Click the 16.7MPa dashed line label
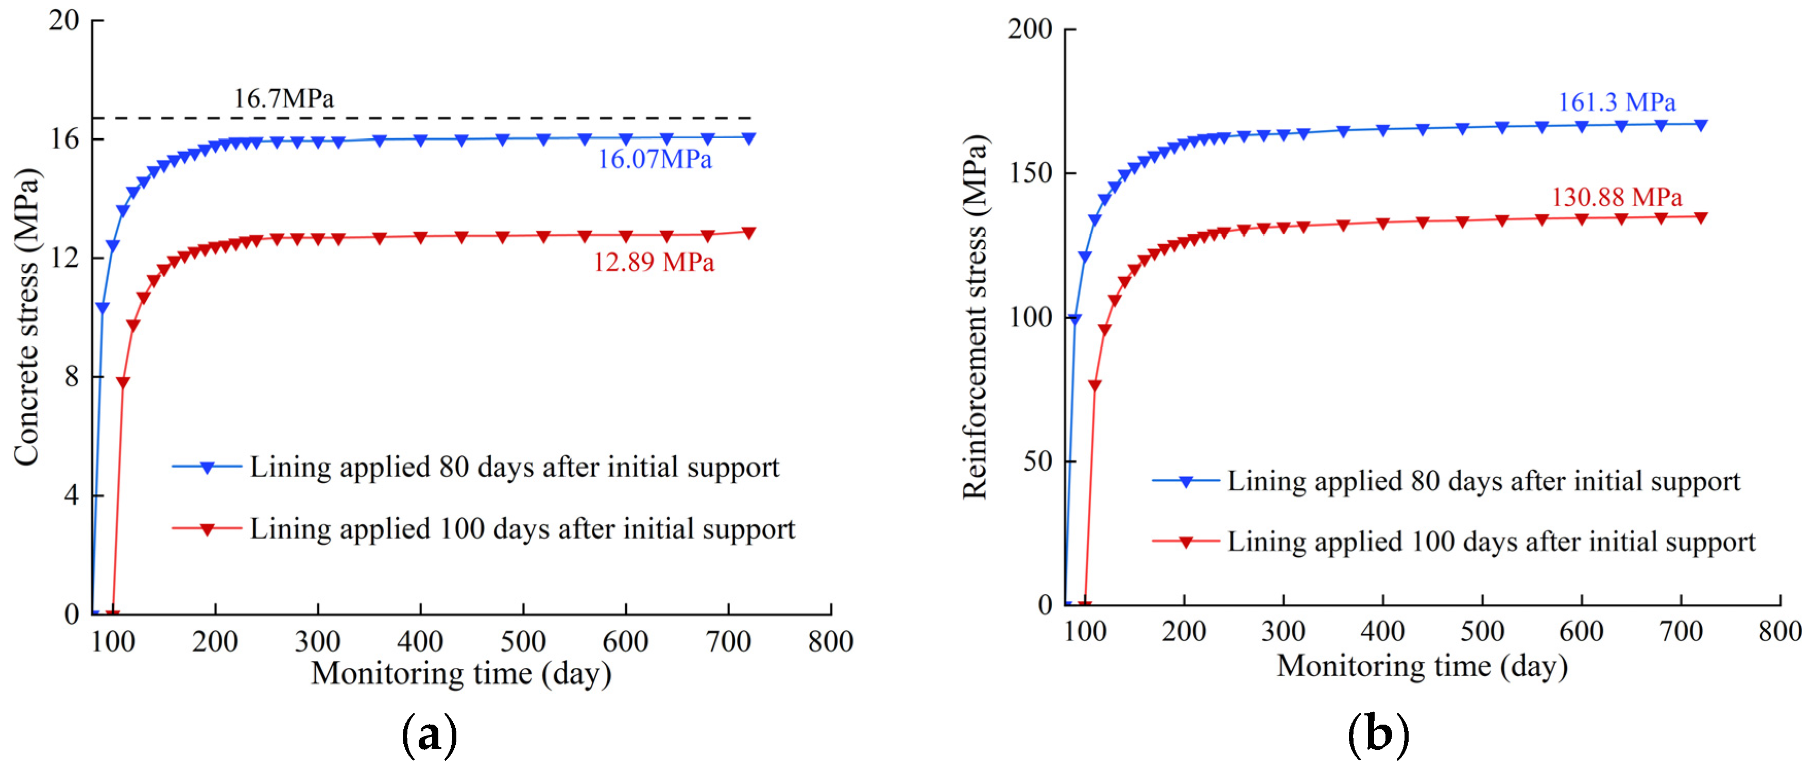point(284,98)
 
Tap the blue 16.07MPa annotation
point(655,159)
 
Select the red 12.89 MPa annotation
point(654,262)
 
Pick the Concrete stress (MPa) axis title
point(27,317)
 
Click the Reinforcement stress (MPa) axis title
point(976,317)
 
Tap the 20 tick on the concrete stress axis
point(63,21)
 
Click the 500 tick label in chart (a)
point(522,641)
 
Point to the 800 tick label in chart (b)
point(1779,631)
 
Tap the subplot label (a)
point(429,735)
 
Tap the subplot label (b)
point(1378,734)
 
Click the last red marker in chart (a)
point(748,232)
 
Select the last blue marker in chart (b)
point(1700,125)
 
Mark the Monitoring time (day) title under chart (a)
point(461,673)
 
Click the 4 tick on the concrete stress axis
point(71,495)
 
